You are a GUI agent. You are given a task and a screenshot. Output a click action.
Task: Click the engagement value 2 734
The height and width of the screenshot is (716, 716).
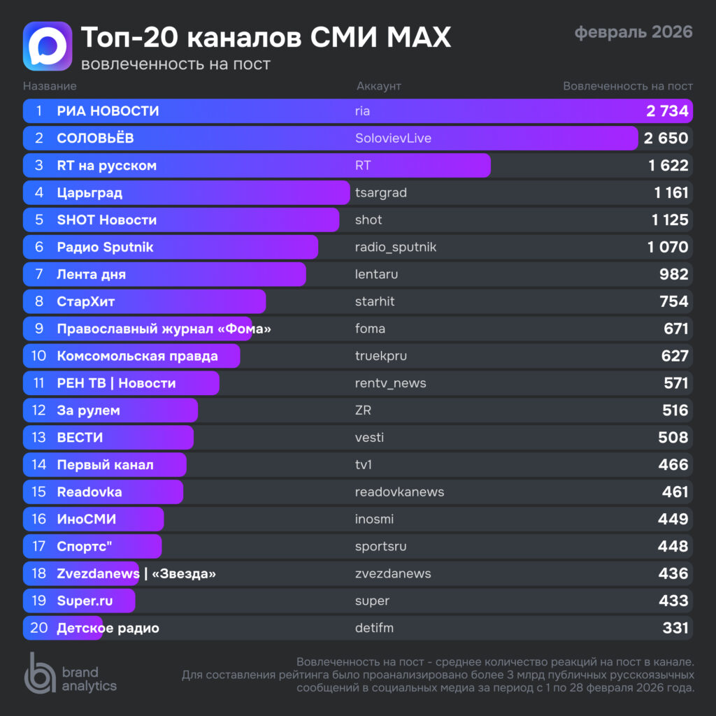(667, 111)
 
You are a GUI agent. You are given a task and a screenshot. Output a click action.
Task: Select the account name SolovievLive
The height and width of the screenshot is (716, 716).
(393, 138)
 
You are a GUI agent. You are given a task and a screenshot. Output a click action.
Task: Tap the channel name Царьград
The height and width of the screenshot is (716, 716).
(89, 192)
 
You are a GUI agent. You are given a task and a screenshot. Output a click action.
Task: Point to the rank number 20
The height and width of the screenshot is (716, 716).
(39, 628)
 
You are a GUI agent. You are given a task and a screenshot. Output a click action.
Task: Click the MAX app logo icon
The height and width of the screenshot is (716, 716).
(48, 46)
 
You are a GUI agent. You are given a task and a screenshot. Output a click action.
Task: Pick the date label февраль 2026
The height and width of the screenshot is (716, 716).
(633, 32)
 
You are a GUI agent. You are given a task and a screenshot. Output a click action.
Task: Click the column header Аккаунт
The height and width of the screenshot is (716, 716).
(379, 86)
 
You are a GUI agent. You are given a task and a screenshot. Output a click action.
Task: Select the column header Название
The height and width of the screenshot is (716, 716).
(50, 86)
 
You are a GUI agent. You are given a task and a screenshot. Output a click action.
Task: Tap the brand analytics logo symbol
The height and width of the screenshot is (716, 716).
(40, 673)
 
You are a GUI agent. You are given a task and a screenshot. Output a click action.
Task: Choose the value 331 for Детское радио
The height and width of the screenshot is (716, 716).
(675, 628)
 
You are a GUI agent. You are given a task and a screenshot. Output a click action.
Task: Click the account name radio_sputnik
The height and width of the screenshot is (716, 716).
(396, 247)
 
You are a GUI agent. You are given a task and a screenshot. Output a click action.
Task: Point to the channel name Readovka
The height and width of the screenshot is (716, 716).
(89, 492)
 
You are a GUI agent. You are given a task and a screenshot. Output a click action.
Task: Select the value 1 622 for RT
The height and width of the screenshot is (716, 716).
(668, 166)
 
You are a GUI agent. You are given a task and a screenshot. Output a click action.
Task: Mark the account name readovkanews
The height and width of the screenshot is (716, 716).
(399, 492)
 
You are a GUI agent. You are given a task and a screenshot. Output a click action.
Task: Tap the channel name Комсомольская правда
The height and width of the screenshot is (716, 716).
(137, 356)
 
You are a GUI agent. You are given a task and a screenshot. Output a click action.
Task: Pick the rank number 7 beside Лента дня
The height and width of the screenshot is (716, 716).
(39, 274)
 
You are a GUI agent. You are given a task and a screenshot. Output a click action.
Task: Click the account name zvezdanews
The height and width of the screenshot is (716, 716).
(393, 573)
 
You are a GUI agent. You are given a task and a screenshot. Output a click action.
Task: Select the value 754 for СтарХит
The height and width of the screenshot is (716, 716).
(674, 301)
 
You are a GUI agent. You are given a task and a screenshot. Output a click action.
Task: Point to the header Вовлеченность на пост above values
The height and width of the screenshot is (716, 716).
(628, 86)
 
